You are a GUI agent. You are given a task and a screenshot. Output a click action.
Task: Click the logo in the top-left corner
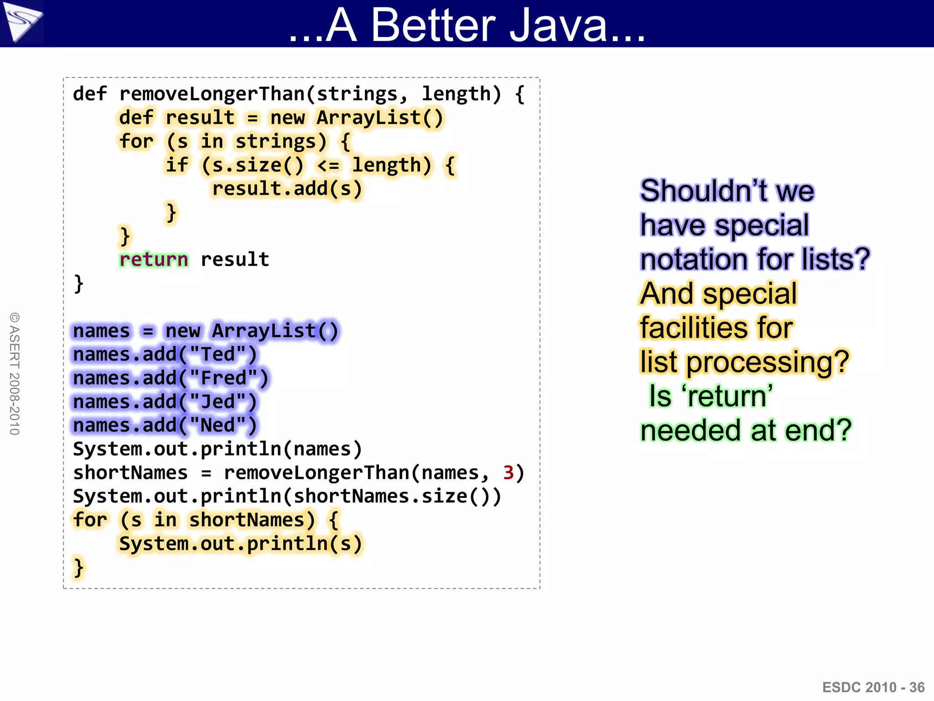(x=21, y=21)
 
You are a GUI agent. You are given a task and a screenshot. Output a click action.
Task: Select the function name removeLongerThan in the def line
(x=212, y=94)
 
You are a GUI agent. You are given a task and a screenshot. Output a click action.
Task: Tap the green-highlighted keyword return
(x=153, y=259)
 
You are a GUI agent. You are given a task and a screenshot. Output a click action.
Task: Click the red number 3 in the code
(x=508, y=473)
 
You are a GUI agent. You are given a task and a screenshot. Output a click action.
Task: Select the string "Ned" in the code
(x=218, y=425)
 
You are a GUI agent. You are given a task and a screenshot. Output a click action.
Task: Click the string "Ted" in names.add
(x=218, y=355)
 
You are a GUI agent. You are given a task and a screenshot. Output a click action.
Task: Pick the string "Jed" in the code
(x=218, y=402)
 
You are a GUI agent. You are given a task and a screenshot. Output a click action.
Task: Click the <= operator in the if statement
(x=328, y=165)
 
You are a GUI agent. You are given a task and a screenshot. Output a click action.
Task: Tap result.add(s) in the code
(x=287, y=189)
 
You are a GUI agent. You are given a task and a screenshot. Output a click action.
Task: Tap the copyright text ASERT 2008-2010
(x=15, y=374)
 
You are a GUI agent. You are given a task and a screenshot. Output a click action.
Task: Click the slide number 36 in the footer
(x=917, y=687)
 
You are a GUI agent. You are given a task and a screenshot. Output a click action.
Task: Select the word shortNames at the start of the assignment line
(x=130, y=473)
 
